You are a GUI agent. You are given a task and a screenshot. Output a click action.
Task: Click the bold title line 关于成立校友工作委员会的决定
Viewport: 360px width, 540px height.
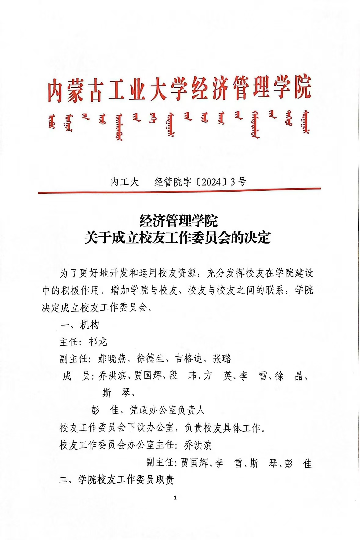(x=178, y=238)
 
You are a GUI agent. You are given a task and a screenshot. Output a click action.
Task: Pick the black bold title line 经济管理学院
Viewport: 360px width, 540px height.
(x=178, y=221)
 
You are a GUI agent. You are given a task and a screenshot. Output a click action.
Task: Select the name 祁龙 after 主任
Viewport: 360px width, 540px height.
(x=98, y=342)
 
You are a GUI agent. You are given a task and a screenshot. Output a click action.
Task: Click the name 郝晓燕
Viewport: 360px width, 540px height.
(x=112, y=358)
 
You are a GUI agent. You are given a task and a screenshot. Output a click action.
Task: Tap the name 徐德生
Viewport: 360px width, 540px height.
(x=150, y=358)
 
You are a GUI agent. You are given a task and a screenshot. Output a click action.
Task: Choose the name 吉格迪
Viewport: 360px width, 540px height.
(x=189, y=358)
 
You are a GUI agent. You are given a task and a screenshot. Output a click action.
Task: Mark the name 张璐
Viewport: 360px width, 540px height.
(x=222, y=358)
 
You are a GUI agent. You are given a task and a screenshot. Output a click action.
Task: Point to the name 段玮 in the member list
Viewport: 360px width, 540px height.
(x=183, y=376)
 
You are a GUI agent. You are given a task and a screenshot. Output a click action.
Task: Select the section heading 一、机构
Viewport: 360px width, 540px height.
(x=80, y=325)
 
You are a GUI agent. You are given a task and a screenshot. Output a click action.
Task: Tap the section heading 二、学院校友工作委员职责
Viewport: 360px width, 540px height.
(x=116, y=480)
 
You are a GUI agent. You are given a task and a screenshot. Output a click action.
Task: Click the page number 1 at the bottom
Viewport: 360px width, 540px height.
(x=175, y=498)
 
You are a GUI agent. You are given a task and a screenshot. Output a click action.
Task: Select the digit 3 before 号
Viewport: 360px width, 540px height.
(x=233, y=182)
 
